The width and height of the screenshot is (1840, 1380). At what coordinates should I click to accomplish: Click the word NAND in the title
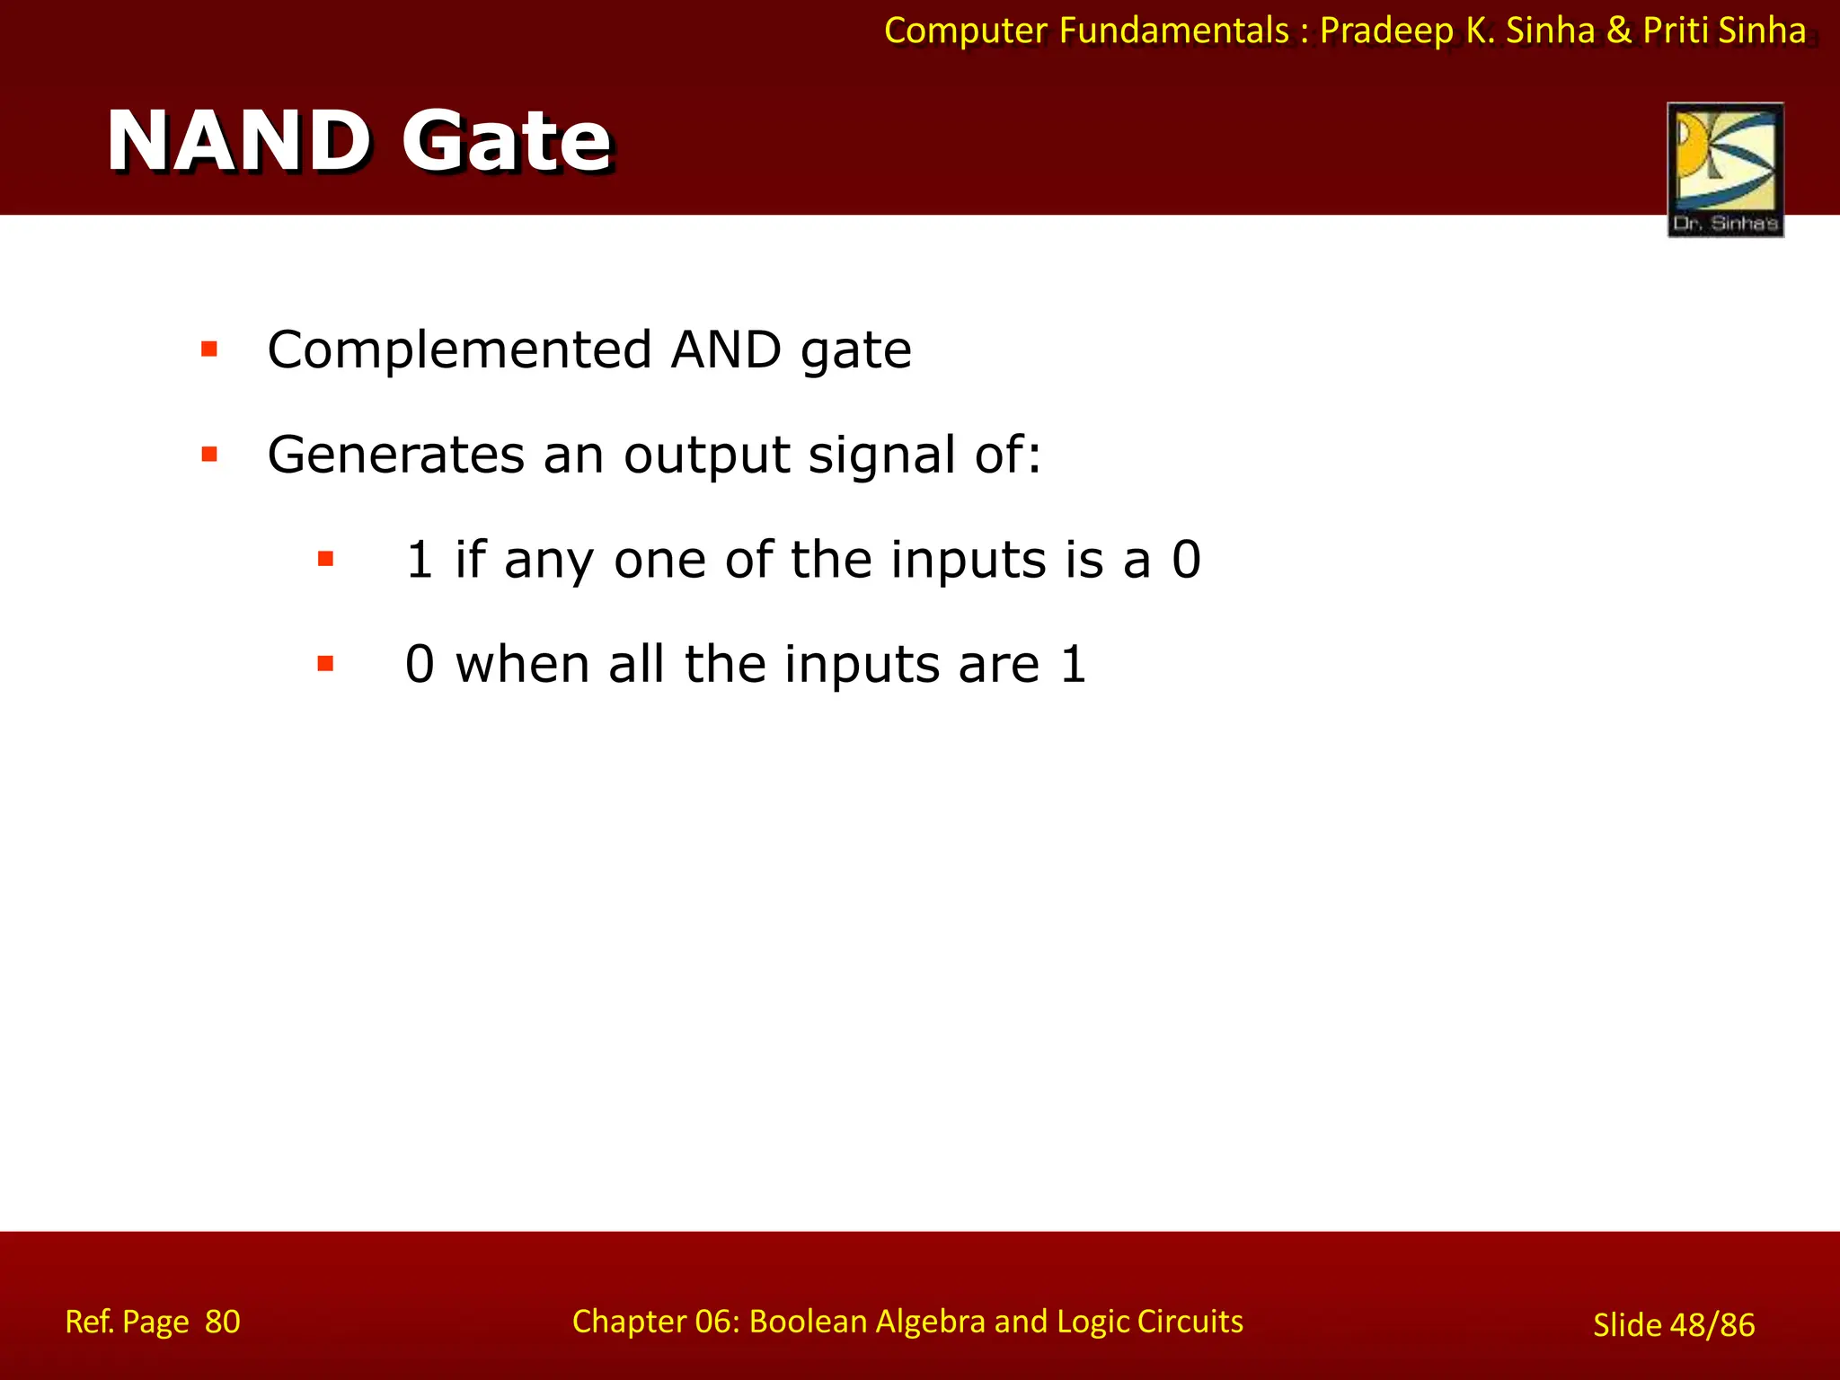coord(238,141)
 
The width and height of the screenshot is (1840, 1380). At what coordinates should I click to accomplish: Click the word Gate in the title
coord(506,141)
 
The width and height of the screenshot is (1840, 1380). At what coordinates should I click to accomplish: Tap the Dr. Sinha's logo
coord(1725,170)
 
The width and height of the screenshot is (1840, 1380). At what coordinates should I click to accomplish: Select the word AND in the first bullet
coord(726,349)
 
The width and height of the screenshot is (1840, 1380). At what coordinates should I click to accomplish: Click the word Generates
coord(395,455)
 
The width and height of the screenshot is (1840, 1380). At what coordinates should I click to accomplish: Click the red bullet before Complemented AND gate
coord(210,349)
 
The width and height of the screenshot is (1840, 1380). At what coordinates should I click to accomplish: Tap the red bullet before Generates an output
coord(210,455)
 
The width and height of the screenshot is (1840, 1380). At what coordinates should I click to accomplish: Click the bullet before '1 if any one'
coord(326,560)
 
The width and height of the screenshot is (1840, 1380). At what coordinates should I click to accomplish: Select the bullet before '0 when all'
coord(326,665)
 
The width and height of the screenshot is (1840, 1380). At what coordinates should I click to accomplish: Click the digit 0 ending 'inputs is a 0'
coord(1186,560)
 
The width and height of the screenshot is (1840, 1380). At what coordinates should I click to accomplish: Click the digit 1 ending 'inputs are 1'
coord(1074,665)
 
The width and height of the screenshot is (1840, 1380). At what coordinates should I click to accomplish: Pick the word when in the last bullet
coord(522,665)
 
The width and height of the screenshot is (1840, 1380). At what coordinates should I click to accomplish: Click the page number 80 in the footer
coord(222,1322)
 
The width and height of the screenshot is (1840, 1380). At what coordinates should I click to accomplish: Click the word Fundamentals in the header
coord(1173,31)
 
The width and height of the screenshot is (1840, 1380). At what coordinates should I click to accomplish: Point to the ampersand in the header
coord(1619,31)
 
